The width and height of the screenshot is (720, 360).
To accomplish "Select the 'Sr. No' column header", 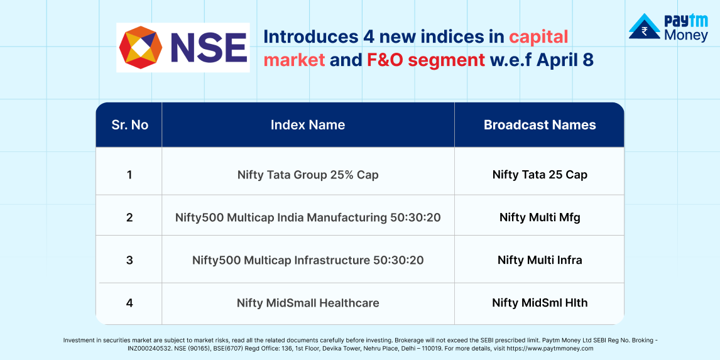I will [130, 125].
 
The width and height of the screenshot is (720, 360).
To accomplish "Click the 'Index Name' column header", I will [308, 125].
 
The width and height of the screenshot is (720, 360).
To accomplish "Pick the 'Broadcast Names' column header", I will [540, 125].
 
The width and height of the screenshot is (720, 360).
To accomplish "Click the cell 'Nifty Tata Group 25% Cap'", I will [308, 175].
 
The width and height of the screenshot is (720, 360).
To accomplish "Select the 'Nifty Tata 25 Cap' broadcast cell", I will [540, 175].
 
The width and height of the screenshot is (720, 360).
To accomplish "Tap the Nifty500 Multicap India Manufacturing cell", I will [308, 217].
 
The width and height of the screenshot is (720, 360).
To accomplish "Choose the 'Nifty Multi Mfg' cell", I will [540, 217].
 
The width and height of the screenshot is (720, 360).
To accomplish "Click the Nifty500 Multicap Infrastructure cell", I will [308, 260].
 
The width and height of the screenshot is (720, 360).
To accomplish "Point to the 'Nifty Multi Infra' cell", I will [540, 260].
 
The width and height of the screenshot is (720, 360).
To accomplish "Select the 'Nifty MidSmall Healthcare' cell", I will [308, 303].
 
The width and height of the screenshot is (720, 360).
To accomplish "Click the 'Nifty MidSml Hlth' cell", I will [540, 303].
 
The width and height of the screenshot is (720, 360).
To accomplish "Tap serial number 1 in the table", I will [129, 175].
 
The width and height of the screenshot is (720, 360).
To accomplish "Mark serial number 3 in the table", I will [129, 260].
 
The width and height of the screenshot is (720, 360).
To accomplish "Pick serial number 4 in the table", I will [129, 303].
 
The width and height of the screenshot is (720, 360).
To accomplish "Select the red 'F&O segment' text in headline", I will [425, 60].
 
